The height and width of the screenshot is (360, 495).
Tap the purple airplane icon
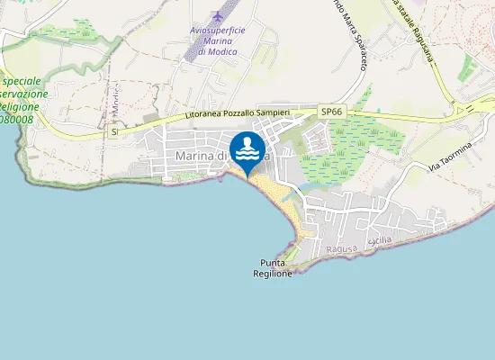[x=217, y=16]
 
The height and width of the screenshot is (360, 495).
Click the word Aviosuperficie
[x=217, y=30]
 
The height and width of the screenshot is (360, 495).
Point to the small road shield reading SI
[x=114, y=132]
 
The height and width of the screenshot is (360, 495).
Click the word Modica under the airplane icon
[x=217, y=52]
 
